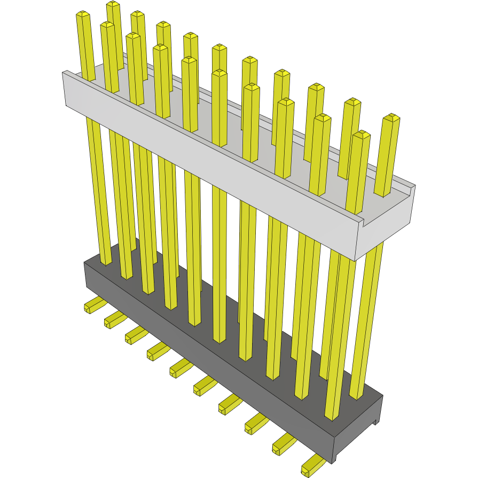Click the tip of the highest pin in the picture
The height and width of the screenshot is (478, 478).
coord(113,5)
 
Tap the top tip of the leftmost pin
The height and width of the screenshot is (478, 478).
coord(83,14)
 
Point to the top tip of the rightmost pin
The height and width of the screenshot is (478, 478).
coord(393,117)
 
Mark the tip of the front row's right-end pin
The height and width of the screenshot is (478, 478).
coord(362,134)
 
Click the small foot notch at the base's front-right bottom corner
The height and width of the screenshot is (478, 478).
coord(377,422)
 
